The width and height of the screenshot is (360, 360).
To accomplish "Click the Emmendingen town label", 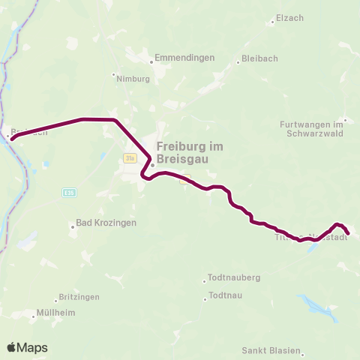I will click(184, 58).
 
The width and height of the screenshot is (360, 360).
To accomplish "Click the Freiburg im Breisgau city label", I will click(190, 153).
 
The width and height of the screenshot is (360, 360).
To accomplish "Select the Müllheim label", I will click(56, 313).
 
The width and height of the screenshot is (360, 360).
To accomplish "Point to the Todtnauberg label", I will click(235, 277).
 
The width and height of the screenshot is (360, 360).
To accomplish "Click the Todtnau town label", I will click(226, 295).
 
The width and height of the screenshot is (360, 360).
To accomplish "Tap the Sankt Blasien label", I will click(271, 350).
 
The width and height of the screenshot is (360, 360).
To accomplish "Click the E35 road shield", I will click(69, 192).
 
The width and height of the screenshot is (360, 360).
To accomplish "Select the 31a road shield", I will click(130, 157).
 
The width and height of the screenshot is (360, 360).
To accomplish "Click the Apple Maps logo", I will click(27, 347).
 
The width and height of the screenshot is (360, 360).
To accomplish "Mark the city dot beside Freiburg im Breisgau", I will click(151, 165).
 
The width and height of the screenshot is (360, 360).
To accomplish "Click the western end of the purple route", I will click(11, 138).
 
